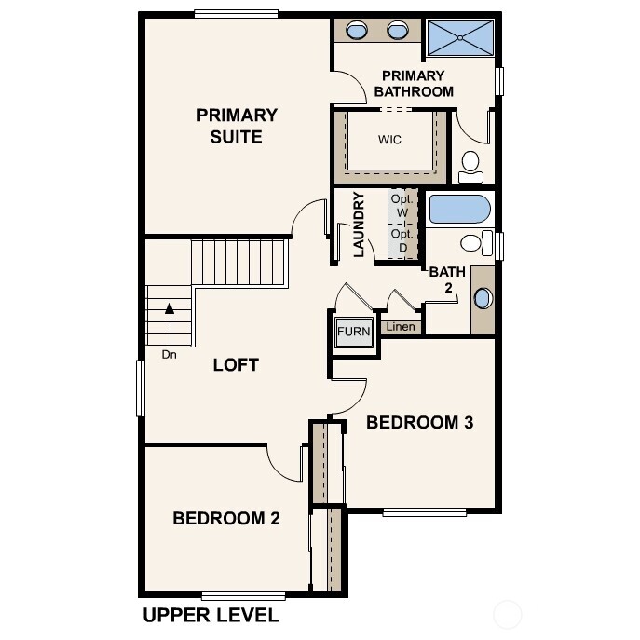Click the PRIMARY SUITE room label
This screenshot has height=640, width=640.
[237, 126]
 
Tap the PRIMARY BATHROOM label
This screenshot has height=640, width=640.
[413, 83]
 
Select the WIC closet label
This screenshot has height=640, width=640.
[389, 141]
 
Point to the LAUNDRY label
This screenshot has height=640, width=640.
[358, 225]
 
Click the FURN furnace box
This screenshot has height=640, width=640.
[354, 332]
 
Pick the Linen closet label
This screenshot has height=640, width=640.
[401, 327]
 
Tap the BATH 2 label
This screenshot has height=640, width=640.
[446, 279]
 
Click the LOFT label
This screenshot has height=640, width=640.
[236, 364]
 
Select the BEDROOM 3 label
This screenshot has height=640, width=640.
[419, 422]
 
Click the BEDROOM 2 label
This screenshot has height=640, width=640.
[226, 518]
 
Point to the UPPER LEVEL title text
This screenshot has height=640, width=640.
[210, 616]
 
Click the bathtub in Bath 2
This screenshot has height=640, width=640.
[459, 209]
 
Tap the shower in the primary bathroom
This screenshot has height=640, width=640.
[460, 37]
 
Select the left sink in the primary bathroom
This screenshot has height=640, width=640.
[357, 31]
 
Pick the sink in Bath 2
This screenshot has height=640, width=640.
[483, 299]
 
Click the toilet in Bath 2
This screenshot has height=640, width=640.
[473, 244]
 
